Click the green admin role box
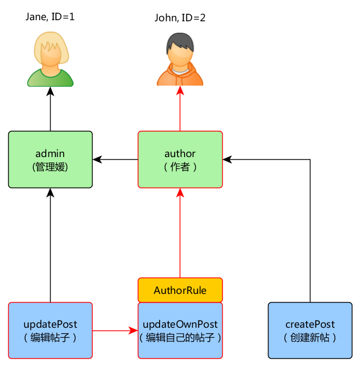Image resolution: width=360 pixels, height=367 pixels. click(x=50, y=159)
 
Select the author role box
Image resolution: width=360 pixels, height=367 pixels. click(x=180, y=159)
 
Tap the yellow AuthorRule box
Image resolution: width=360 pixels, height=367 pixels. click(x=180, y=290)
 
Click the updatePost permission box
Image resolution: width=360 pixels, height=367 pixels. click(x=50, y=330)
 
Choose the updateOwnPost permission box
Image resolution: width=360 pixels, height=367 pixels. click(x=180, y=331)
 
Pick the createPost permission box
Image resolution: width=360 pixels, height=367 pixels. click(x=310, y=330)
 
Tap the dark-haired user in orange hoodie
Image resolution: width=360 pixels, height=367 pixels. click(x=180, y=60)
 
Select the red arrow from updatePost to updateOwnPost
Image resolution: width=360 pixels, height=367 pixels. click(x=114, y=330)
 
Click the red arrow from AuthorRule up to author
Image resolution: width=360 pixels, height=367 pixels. click(x=180, y=234)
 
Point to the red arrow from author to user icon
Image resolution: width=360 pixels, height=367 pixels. click(x=180, y=109)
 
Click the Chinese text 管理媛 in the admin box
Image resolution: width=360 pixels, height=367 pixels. click(x=50, y=167)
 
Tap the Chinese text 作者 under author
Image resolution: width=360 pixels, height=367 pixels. click(x=180, y=167)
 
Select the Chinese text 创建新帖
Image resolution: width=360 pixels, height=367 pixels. click(x=310, y=338)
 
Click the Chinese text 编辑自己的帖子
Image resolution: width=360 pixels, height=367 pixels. click(x=180, y=338)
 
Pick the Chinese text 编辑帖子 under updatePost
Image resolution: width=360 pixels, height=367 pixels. click(x=50, y=338)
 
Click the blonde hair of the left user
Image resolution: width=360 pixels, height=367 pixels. click(x=51, y=41)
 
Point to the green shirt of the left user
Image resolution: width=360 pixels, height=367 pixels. click(x=51, y=80)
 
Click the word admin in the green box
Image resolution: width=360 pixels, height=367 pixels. click(x=50, y=154)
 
